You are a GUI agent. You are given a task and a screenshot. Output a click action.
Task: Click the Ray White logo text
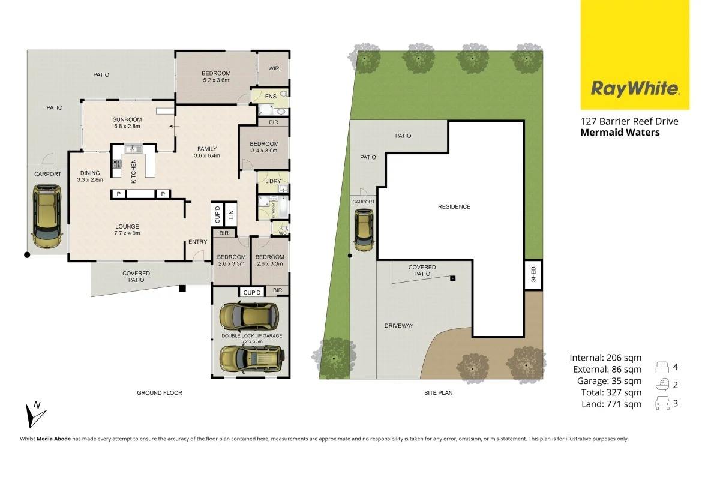[635, 89]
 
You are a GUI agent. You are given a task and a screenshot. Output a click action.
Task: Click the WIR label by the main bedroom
[274, 68]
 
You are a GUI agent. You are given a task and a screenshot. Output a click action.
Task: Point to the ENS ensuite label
[271, 96]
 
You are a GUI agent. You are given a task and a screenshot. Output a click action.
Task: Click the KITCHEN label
[134, 169]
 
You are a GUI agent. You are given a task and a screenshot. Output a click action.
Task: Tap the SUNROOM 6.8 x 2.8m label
[127, 122]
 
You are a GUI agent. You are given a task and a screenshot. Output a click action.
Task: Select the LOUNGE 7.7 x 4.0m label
[127, 230]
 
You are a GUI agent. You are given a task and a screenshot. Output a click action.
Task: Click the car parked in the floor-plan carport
[47, 215]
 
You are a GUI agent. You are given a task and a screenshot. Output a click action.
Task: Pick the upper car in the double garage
[249, 316]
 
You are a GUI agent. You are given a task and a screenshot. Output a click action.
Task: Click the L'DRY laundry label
[273, 181]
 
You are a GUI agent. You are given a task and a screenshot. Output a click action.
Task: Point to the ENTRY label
[197, 242]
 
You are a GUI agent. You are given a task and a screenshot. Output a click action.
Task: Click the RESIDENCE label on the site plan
[454, 207]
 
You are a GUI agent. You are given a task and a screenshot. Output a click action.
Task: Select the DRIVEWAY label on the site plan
[399, 326]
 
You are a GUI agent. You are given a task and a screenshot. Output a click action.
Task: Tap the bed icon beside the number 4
[663, 367]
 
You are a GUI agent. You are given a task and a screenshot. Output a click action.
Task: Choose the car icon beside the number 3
[663, 404]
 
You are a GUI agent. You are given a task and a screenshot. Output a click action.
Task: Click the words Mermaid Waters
[620, 132]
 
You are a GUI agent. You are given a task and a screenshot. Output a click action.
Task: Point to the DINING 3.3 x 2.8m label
[90, 176]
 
